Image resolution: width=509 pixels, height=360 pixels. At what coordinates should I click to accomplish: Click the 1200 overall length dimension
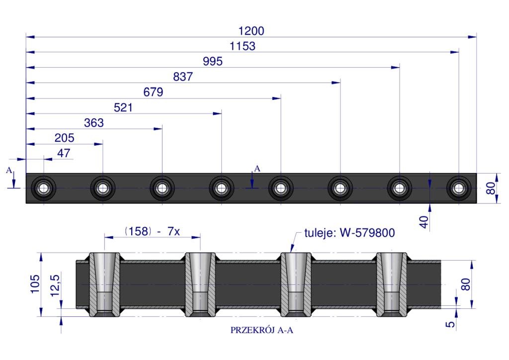[x=251, y=31]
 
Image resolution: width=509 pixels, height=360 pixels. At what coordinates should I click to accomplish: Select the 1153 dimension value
[x=243, y=46]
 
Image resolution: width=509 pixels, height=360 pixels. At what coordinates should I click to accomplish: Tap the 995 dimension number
[x=213, y=62]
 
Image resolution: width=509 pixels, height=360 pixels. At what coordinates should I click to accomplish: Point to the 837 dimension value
[x=183, y=77]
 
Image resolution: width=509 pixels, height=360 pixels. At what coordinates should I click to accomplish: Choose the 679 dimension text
[x=153, y=92]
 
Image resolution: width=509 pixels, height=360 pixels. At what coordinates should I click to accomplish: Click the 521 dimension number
[x=123, y=107]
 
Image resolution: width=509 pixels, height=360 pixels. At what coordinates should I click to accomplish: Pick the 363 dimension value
[x=94, y=123]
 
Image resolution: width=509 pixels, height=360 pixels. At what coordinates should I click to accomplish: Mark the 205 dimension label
[x=64, y=138]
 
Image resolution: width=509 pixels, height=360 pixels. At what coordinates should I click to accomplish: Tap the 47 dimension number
[x=64, y=153]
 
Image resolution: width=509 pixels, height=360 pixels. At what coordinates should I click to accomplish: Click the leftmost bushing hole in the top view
[x=44, y=188]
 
